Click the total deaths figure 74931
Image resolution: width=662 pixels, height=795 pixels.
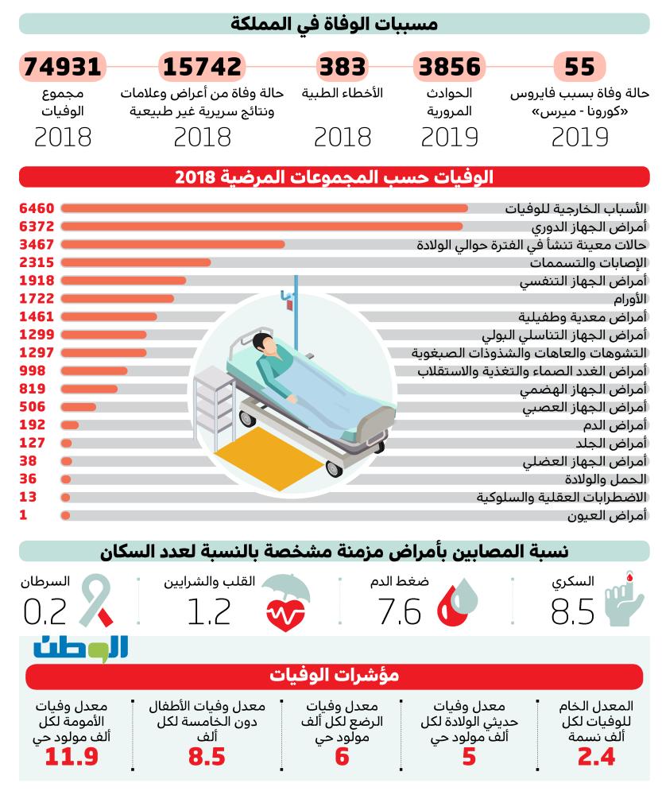click(x=63, y=67)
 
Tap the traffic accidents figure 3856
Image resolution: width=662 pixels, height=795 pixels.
click(x=450, y=67)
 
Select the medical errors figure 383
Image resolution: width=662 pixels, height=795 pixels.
click(x=343, y=67)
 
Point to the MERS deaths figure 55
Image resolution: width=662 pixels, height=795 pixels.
click(x=579, y=67)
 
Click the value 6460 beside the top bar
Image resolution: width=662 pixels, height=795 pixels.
click(x=36, y=209)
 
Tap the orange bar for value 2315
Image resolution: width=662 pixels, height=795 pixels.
click(x=136, y=262)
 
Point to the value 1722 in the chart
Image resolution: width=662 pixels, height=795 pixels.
click(x=36, y=299)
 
